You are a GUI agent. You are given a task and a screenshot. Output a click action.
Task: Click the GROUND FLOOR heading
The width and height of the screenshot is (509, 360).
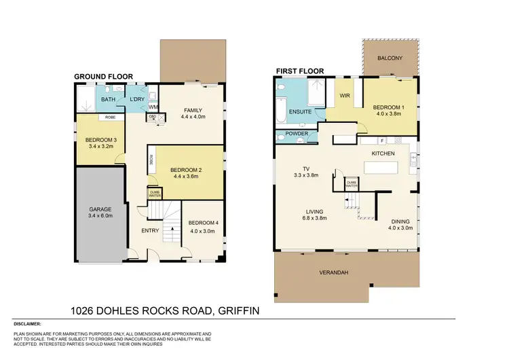coord(103,77)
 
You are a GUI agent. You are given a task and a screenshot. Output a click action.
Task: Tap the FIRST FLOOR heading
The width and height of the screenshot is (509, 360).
coord(297,71)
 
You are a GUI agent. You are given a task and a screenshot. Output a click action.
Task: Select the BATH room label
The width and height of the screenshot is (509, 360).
coord(109,100)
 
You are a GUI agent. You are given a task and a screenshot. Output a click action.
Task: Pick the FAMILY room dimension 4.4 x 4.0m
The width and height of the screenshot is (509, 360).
coord(193,117)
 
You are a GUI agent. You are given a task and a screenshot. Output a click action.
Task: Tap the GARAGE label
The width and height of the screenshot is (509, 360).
coord(100,210)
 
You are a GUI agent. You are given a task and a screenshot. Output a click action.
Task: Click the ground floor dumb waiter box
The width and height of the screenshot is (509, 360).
coord(155,194)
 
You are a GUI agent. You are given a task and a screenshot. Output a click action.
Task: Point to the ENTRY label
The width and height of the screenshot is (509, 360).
coord(150,231)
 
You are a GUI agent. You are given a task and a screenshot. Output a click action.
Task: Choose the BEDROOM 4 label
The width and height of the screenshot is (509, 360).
coord(202,223)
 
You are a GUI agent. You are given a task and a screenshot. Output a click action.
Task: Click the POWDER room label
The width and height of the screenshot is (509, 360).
coord(298,134)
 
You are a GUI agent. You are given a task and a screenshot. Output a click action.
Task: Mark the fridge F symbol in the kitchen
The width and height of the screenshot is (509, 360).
coord(382,140)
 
